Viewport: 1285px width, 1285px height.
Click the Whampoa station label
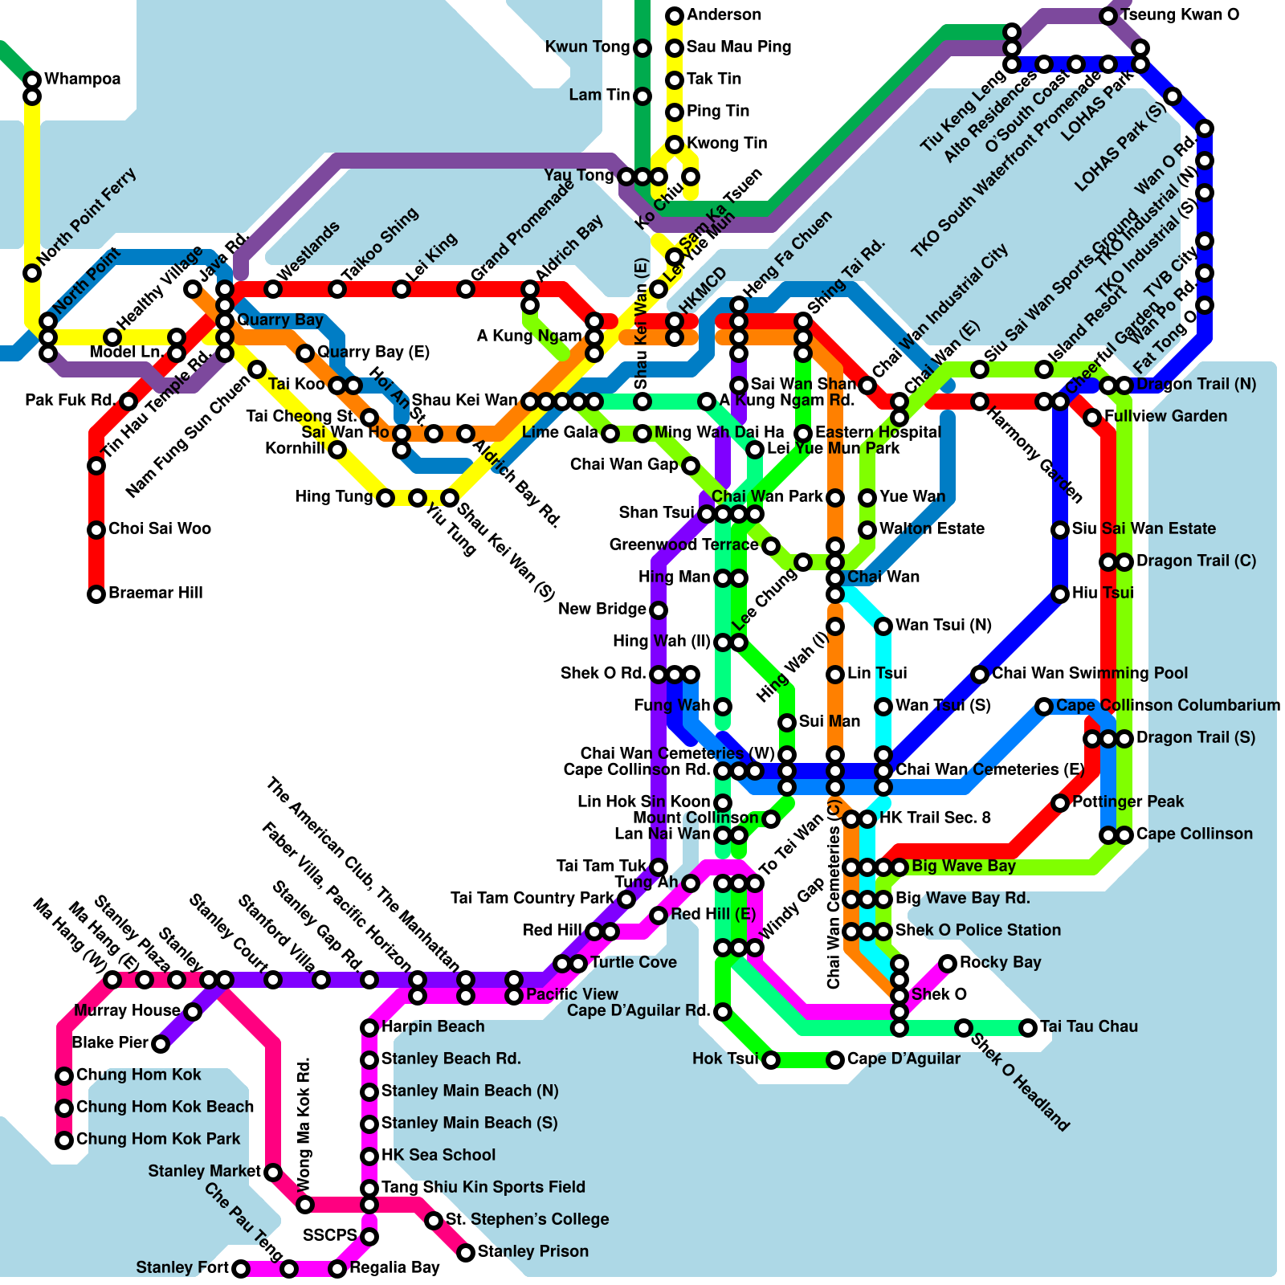click(82, 79)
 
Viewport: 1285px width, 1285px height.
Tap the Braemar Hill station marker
click(96, 594)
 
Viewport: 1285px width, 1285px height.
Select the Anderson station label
click(724, 14)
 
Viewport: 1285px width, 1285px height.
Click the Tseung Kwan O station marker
click(1108, 16)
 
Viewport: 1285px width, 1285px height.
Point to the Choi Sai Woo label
click(159, 528)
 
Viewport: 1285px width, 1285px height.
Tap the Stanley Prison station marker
click(466, 1253)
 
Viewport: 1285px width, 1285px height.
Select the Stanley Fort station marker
click(241, 1269)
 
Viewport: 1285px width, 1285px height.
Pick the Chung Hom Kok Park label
click(157, 1139)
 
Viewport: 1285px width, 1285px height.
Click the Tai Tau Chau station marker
click(1028, 1028)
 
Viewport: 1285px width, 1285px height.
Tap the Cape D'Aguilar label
click(904, 1059)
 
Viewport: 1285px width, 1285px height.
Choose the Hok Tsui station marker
click(771, 1060)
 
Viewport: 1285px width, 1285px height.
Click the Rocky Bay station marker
click(948, 964)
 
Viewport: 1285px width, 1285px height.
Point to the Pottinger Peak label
click(1128, 802)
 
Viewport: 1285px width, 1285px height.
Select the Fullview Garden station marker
click(1092, 418)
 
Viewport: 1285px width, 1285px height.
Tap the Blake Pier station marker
click(161, 1044)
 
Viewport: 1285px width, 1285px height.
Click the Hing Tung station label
click(333, 496)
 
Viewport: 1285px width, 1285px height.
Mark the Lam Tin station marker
click(642, 96)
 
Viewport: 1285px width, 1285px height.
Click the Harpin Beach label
click(433, 1026)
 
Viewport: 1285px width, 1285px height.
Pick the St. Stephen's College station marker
click(434, 1221)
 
